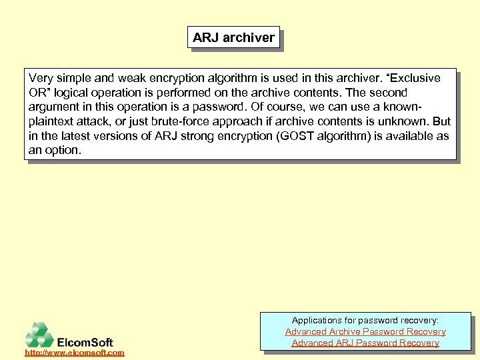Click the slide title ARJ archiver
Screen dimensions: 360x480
click(233, 38)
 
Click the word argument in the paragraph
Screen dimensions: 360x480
click(55, 107)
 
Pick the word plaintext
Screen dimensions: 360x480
click(54, 121)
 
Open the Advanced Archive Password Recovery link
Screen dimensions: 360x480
click(365, 331)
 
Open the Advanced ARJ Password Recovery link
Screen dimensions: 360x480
click(365, 343)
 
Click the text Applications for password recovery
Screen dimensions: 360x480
click(365, 320)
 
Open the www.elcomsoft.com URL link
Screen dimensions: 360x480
click(75, 352)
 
